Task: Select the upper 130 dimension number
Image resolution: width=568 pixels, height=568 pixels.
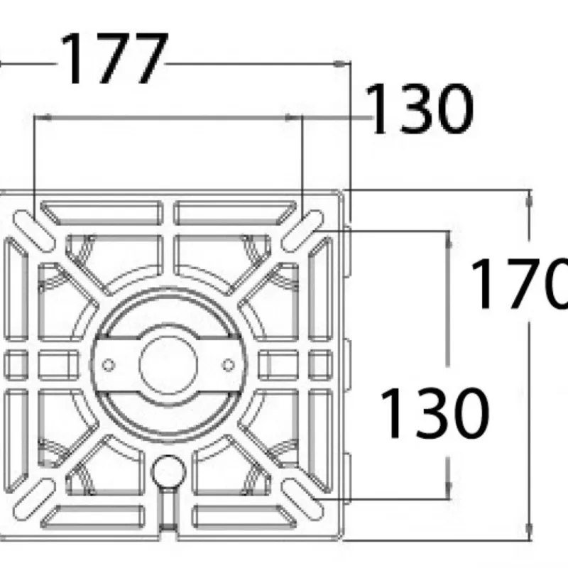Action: pos(419,109)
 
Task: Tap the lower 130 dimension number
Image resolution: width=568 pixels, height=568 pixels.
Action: pos(435,413)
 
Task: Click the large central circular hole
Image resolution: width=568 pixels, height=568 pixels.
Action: pos(168,364)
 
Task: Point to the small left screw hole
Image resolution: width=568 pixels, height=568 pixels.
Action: pos(109,365)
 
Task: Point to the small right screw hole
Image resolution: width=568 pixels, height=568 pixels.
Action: pos(228,365)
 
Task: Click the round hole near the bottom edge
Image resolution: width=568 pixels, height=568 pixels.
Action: pos(168,472)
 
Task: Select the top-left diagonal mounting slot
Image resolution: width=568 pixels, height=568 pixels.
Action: pos(34,231)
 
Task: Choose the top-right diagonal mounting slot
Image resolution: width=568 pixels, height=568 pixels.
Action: pos(302,231)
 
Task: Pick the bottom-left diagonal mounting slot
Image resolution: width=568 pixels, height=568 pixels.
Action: pos(34,500)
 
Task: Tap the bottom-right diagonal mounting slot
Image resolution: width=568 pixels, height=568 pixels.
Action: pos(302,500)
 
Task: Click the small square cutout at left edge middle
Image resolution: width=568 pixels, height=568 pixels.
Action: pos(16,365)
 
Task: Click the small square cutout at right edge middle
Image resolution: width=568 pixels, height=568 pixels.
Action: pos(321,365)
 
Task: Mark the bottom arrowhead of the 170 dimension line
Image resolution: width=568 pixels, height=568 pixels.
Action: pos(529,532)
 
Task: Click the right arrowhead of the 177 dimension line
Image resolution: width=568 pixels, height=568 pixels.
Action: pos(342,64)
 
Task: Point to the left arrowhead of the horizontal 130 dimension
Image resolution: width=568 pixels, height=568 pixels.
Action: pos(43,117)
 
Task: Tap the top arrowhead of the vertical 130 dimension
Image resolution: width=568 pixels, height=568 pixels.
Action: pos(449,239)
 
